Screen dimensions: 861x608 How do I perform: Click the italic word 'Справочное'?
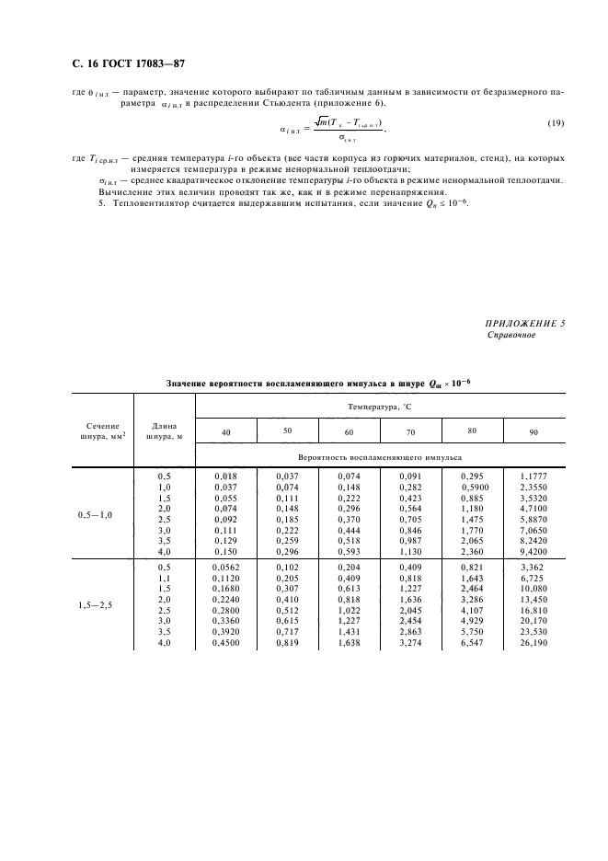[510, 336]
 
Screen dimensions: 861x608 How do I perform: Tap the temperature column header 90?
[534, 431]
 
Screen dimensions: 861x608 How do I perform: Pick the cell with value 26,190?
[534, 642]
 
